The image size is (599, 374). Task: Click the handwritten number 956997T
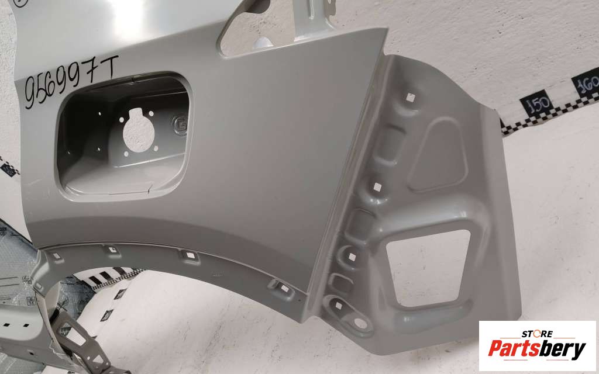pos(71,81)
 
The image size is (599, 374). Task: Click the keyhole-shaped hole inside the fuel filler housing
pos(138,130)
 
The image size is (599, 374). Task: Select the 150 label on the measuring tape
pos(536,103)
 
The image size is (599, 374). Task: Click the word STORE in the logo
pos(537,334)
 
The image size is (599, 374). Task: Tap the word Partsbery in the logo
pos(537,348)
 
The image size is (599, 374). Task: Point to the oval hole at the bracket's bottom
pos(360,324)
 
